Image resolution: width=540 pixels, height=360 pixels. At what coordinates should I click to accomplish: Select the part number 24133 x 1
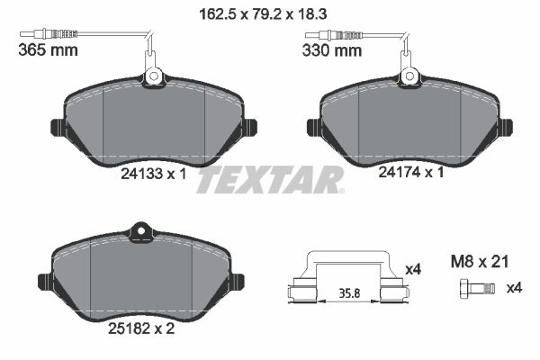(152, 175)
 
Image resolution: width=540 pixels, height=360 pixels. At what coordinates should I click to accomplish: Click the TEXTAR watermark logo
(270, 180)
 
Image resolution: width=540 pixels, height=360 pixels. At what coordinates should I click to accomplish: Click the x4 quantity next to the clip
(414, 268)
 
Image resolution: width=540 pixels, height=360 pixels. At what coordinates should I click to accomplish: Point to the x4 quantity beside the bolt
(514, 288)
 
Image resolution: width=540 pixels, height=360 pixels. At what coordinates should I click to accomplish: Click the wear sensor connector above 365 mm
(45, 35)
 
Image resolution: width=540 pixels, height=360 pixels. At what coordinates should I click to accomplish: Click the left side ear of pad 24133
(55, 126)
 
